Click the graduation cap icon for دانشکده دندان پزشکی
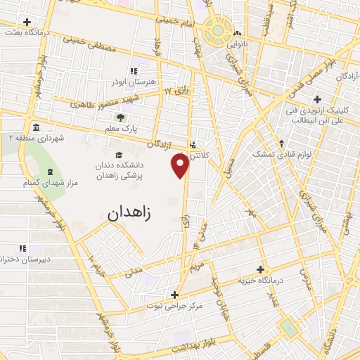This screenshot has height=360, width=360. coord(118,155)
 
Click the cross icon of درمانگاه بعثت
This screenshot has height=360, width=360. coord(27,22)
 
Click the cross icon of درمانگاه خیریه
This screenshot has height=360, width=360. coord(260,269)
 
